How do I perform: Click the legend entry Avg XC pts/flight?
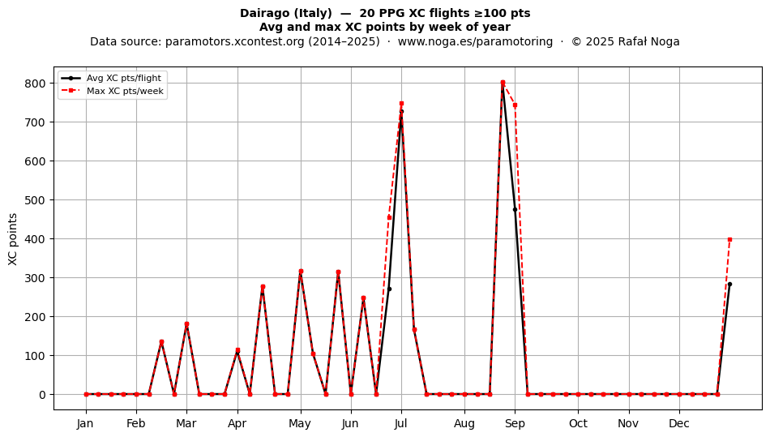(x=124, y=78)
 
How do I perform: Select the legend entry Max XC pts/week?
(x=125, y=91)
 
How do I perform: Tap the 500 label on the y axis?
(x=36, y=200)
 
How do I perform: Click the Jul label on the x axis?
(x=401, y=423)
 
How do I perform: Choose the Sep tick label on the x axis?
(x=515, y=423)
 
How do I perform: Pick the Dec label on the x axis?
(x=679, y=423)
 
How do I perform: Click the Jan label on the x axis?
(x=85, y=423)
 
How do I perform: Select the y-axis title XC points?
(x=13, y=239)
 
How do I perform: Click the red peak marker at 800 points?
(x=503, y=83)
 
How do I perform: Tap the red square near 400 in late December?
(x=729, y=240)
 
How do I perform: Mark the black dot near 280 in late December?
(x=729, y=285)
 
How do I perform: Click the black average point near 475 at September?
(x=515, y=210)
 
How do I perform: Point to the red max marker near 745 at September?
(x=515, y=105)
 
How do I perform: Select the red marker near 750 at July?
(x=401, y=104)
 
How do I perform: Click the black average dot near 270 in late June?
(x=389, y=289)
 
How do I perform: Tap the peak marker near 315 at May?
(x=301, y=271)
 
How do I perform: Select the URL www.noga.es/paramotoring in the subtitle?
(x=475, y=41)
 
